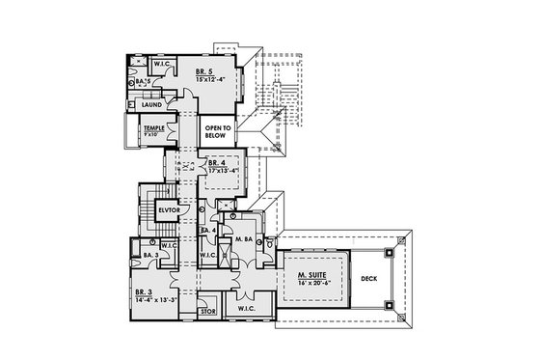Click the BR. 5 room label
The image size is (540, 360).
(203, 71)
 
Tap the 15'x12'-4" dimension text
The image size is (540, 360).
(211, 79)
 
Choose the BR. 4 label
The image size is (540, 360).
(218, 164)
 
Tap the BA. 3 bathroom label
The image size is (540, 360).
(149, 255)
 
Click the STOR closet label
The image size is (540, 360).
(206, 313)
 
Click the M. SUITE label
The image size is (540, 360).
(310, 276)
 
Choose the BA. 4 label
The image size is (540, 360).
(206, 232)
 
